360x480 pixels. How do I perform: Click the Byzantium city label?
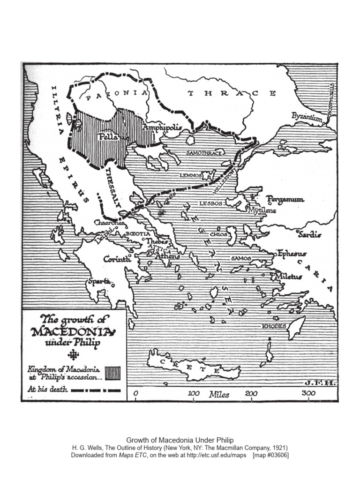pos(307,116)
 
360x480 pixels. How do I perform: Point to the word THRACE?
pos(232,93)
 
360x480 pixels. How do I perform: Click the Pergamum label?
pos(285,199)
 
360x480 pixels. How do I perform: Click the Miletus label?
pos(289,276)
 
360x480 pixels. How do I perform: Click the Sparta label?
pos(98,282)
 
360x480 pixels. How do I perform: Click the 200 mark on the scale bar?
pos(251,393)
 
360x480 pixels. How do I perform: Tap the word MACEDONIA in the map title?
pos(72,332)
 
